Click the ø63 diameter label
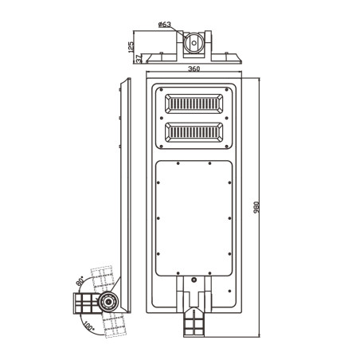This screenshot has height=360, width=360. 165,25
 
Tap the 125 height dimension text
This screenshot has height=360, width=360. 131,47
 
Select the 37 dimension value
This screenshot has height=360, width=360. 139,59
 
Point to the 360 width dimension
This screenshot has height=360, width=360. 194,68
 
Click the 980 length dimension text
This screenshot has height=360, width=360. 256,207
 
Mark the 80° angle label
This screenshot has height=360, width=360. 80,281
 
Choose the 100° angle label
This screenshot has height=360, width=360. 88,326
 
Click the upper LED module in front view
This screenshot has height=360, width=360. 194,104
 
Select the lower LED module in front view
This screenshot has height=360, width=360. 194,132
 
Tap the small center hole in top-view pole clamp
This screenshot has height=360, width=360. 194,43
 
